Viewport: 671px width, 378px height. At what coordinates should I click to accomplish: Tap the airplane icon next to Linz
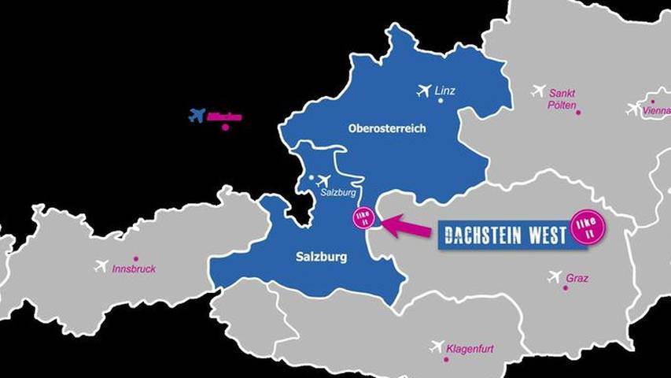coord(424,91)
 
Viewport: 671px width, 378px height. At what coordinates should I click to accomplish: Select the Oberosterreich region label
coord(387,128)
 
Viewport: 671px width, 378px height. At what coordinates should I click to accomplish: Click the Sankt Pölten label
coord(562,98)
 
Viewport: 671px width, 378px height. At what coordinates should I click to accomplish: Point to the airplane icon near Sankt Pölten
coord(538,91)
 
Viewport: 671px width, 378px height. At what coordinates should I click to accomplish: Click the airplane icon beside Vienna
coord(633,109)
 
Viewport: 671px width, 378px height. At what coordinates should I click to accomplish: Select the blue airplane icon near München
coord(197,116)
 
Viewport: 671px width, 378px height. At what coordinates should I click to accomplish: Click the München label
coord(224,117)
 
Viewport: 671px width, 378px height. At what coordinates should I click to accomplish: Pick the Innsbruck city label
coord(133,269)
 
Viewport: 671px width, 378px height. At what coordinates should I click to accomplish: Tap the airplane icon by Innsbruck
coord(100,266)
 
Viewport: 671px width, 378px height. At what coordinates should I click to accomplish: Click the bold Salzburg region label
coord(320,257)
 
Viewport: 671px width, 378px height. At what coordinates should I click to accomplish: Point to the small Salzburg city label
coord(340,193)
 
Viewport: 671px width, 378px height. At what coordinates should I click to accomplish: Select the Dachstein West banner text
coord(505,235)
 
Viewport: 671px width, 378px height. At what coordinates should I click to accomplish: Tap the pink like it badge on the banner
coord(589,225)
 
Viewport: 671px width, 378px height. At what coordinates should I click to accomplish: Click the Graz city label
coord(576,278)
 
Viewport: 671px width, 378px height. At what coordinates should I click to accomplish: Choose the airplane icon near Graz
coord(555,276)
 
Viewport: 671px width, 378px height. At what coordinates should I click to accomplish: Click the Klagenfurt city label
coord(470,348)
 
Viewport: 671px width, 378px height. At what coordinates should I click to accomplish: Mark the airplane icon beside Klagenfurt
coord(437,346)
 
